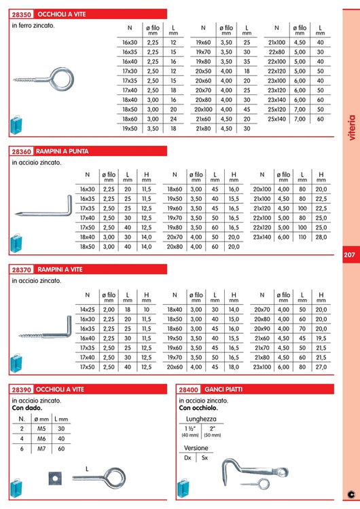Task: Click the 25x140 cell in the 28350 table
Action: pos(276,119)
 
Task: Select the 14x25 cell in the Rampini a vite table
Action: pos(87,309)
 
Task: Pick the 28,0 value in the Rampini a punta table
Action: pos(321,238)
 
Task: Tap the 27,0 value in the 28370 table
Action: pos(321,366)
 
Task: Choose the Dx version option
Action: pos(187,458)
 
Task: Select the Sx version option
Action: pos(204,458)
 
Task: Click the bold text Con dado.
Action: pos(27,409)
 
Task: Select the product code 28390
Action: pos(23,390)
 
